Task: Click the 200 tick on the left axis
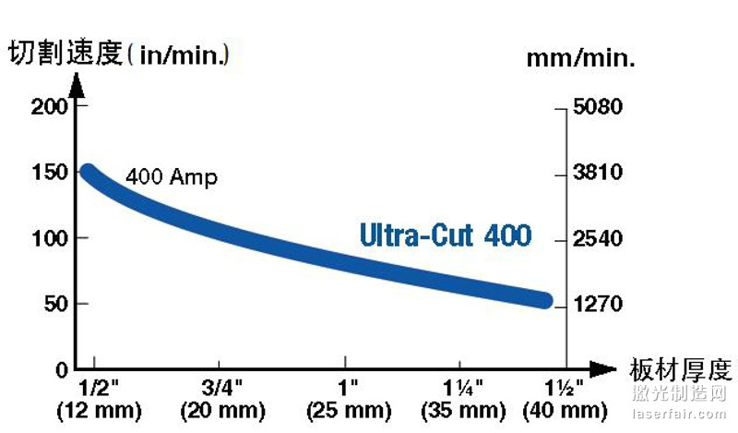coord(51,106)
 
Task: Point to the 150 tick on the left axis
coord(51,173)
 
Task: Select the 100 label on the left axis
coord(51,238)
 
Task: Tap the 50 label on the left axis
coord(57,304)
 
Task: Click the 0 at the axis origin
coord(63,369)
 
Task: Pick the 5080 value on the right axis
coord(598,107)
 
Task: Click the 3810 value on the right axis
coord(598,173)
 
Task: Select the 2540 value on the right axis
coord(598,239)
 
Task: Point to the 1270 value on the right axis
coord(598,304)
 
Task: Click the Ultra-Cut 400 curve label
coord(446,235)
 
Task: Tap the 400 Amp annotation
coord(172,177)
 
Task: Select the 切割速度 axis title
coord(65,54)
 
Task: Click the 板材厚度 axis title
coord(681,369)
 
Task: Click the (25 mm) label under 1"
coord(347,410)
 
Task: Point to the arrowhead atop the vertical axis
coord(77,84)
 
